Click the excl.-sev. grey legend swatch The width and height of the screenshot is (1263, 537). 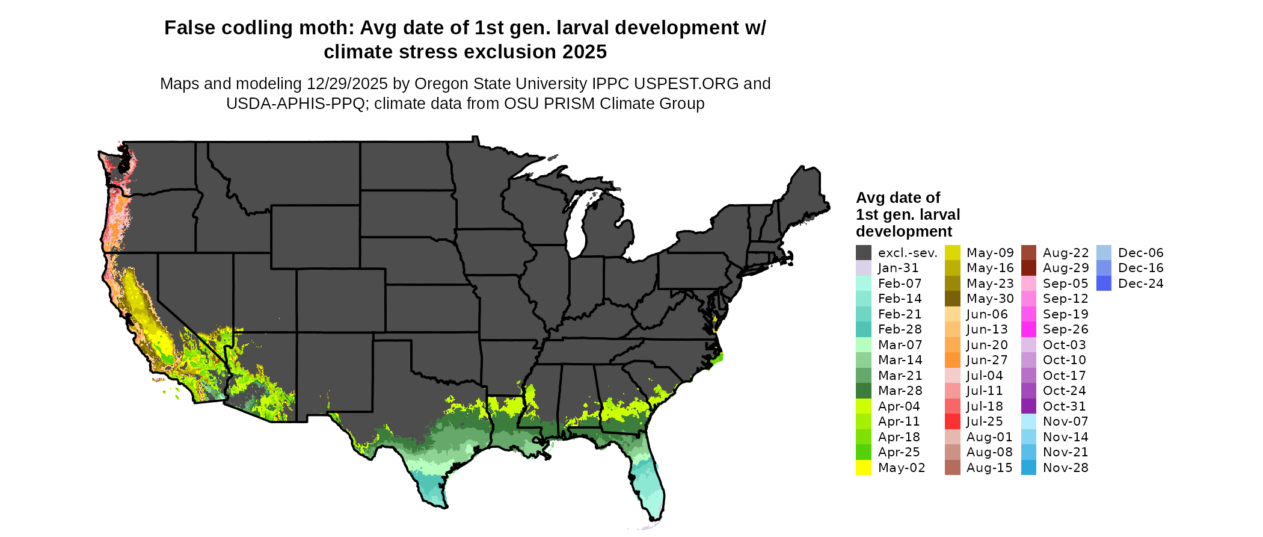click(x=863, y=253)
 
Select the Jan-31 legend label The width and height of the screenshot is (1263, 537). click(x=898, y=268)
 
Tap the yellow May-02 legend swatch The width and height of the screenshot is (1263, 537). click(x=863, y=468)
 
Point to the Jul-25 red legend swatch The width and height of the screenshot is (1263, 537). click(x=952, y=421)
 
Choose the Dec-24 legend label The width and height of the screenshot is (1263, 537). click(x=1140, y=284)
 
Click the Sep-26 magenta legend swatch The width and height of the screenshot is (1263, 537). click(x=1028, y=329)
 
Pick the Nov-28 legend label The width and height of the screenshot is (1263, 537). click(x=1065, y=468)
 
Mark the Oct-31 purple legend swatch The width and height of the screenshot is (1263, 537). click(x=1028, y=406)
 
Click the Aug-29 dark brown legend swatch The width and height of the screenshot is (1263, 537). click(x=1028, y=268)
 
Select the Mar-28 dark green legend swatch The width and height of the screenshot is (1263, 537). click(x=863, y=391)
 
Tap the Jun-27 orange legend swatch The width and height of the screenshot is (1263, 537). click(x=952, y=360)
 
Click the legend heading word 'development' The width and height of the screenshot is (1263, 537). click(x=903, y=232)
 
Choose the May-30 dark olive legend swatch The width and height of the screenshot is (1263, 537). click(x=952, y=299)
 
